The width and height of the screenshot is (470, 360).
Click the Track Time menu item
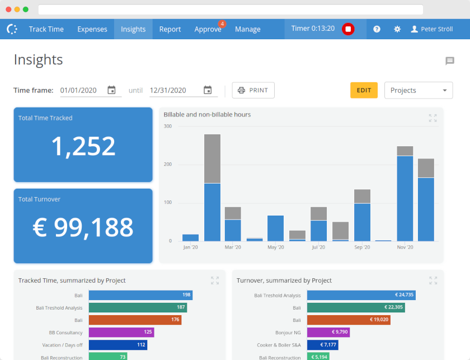[46, 29]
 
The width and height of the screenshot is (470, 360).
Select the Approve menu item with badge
[208, 29]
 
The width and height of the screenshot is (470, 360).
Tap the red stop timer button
[348, 29]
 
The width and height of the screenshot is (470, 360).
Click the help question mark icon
[377, 29]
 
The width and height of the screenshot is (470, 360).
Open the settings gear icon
[397, 29]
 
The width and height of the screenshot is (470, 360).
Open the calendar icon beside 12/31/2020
[208, 90]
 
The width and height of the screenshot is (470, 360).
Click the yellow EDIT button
[364, 90]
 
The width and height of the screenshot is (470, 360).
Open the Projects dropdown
[419, 90]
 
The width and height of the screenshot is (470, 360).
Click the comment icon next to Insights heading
[450, 61]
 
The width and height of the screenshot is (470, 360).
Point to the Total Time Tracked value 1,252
[83, 147]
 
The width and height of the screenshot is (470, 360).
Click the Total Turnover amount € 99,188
[83, 227]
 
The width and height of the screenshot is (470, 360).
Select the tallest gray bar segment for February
[212, 158]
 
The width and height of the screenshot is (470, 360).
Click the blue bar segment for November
[405, 198]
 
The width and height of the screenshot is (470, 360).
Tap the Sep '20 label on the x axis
[362, 247]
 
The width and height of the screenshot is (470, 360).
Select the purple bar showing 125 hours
[121, 332]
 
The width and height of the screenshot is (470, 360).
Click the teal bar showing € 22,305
[355, 307]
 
